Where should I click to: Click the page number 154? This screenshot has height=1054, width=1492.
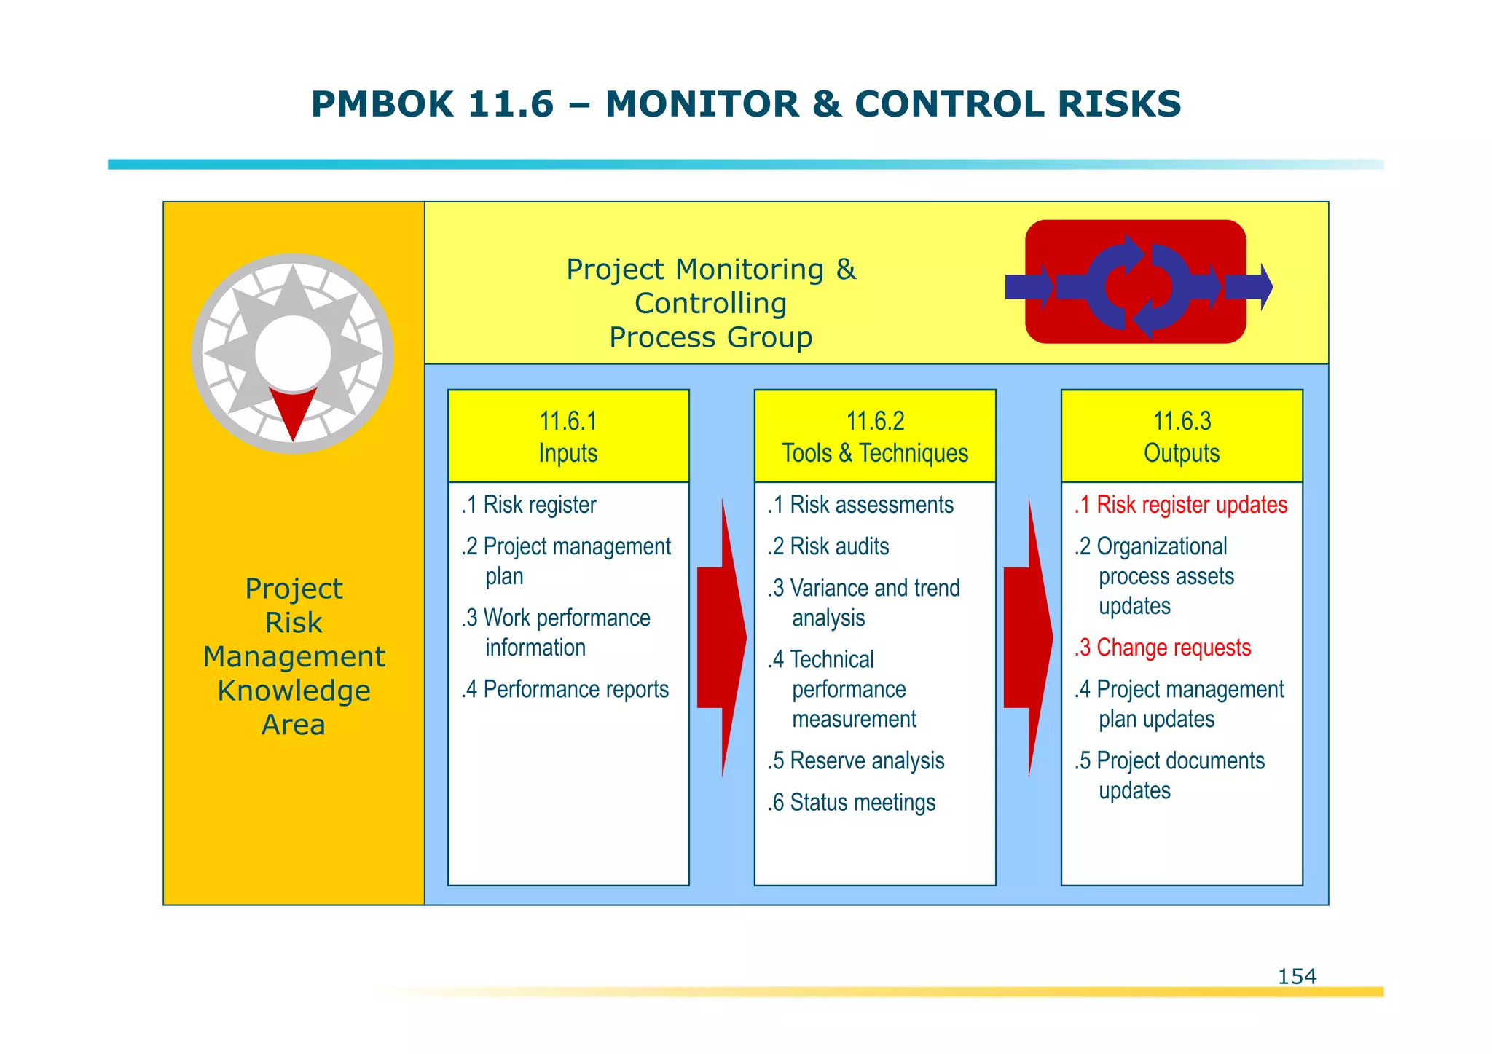click(1297, 976)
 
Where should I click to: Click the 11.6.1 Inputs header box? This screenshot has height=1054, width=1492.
click(568, 436)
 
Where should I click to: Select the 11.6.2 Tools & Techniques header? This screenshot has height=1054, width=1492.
click(875, 436)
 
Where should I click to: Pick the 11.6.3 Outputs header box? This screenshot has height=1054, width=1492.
click(1182, 436)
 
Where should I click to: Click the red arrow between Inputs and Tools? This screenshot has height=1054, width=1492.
click(720, 637)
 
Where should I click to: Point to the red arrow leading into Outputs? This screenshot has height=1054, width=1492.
click(1026, 637)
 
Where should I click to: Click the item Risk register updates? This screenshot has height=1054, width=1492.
click(1181, 505)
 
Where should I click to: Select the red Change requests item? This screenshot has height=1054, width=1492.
click(1163, 648)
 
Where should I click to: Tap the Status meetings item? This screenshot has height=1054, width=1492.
click(852, 803)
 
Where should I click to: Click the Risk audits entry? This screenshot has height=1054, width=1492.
click(829, 546)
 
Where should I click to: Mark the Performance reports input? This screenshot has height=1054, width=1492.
click(565, 689)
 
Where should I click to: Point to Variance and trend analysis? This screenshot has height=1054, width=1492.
click(864, 602)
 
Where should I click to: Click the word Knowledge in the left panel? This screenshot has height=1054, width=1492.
click(294, 691)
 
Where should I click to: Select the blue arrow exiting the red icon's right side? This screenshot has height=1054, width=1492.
click(1249, 287)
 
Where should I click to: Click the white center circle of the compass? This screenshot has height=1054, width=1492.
click(293, 353)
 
